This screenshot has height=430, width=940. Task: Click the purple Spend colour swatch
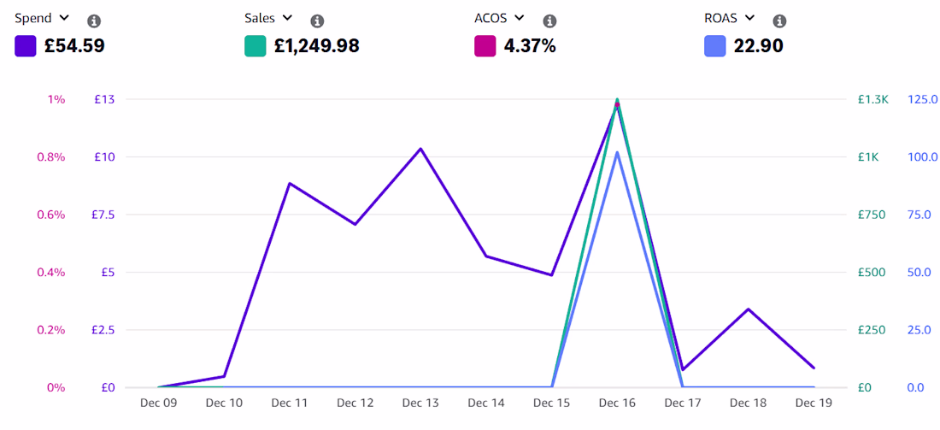pos(25,46)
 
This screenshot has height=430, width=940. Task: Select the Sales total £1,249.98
pos(316,46)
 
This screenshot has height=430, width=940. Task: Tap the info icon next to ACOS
pos(549,21)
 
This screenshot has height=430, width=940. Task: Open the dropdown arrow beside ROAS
pos(749,17)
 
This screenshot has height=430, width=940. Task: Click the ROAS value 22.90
pos(758,46)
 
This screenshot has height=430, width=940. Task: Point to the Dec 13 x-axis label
pos(420,403)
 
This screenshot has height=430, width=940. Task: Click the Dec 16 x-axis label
pos(617,403)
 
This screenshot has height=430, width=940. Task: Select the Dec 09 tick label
pos(158,403)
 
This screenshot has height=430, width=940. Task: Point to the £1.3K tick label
pos(872,99)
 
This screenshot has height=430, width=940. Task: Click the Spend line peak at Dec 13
pos(420,149)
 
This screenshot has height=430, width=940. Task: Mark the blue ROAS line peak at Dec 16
pos(617,152)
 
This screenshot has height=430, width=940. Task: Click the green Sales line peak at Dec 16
pos(617,99)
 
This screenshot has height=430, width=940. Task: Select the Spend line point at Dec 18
pos(749,309)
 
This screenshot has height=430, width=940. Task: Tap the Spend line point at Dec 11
pos(290,184)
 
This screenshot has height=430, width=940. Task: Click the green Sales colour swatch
pos(256,46)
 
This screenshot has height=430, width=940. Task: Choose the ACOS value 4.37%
pos(530,46)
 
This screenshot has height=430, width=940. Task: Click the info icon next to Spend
pos(93,21)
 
